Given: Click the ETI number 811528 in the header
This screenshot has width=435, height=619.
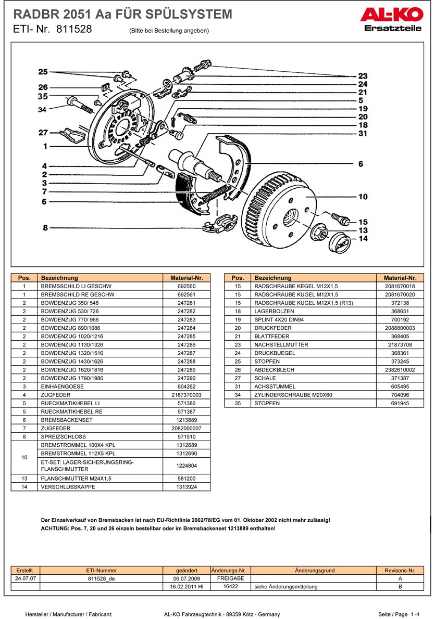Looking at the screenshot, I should coord(74,30).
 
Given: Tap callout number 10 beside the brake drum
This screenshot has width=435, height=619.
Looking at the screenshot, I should coord(363,197).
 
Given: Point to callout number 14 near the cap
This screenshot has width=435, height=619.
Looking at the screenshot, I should coord(363,239).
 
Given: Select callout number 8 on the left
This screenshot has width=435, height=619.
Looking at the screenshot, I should coord(45,227).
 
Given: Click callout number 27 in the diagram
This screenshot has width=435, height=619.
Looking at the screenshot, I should coord(43,132).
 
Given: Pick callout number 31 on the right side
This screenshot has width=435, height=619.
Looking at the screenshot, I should coord(363,134).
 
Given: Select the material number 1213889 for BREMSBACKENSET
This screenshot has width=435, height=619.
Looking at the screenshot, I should coord(186,420).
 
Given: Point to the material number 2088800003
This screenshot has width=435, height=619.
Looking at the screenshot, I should coord(400,328).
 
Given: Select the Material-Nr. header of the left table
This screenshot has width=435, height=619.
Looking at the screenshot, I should coord(186,278).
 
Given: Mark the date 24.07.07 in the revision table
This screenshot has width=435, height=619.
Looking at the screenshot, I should coord(25,578).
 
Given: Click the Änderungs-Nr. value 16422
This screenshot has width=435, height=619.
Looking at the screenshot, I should coord(231,586).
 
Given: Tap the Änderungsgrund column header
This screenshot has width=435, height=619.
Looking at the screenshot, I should coord(314,570).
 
